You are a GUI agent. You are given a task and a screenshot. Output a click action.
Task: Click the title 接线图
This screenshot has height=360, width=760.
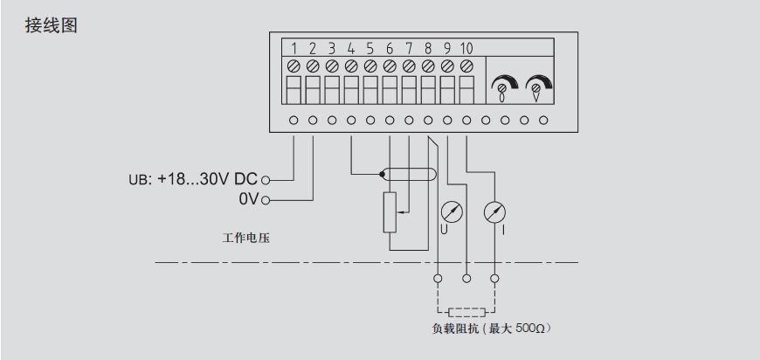(53, 25)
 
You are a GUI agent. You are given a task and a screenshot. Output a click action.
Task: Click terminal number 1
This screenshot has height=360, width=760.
(294, 48)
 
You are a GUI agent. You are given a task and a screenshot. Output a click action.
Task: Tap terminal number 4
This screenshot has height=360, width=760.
(351, 48)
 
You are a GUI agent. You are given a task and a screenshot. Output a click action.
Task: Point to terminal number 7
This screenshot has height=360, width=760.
(408, 48)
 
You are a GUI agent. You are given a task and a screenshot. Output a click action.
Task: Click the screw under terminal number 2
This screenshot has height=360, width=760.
(313, 66)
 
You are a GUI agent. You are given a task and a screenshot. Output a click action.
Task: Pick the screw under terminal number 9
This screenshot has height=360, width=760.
(446, 66)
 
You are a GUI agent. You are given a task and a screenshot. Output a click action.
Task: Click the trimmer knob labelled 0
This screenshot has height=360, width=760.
(503, 85)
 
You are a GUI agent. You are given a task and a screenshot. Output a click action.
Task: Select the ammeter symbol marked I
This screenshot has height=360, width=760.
(494, 211)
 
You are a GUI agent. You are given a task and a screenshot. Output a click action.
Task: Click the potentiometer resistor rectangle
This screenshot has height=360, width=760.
(390, 212)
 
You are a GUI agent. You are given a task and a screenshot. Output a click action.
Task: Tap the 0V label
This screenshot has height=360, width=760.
(247, 199)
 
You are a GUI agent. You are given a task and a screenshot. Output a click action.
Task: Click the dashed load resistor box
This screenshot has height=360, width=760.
(466, 311)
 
